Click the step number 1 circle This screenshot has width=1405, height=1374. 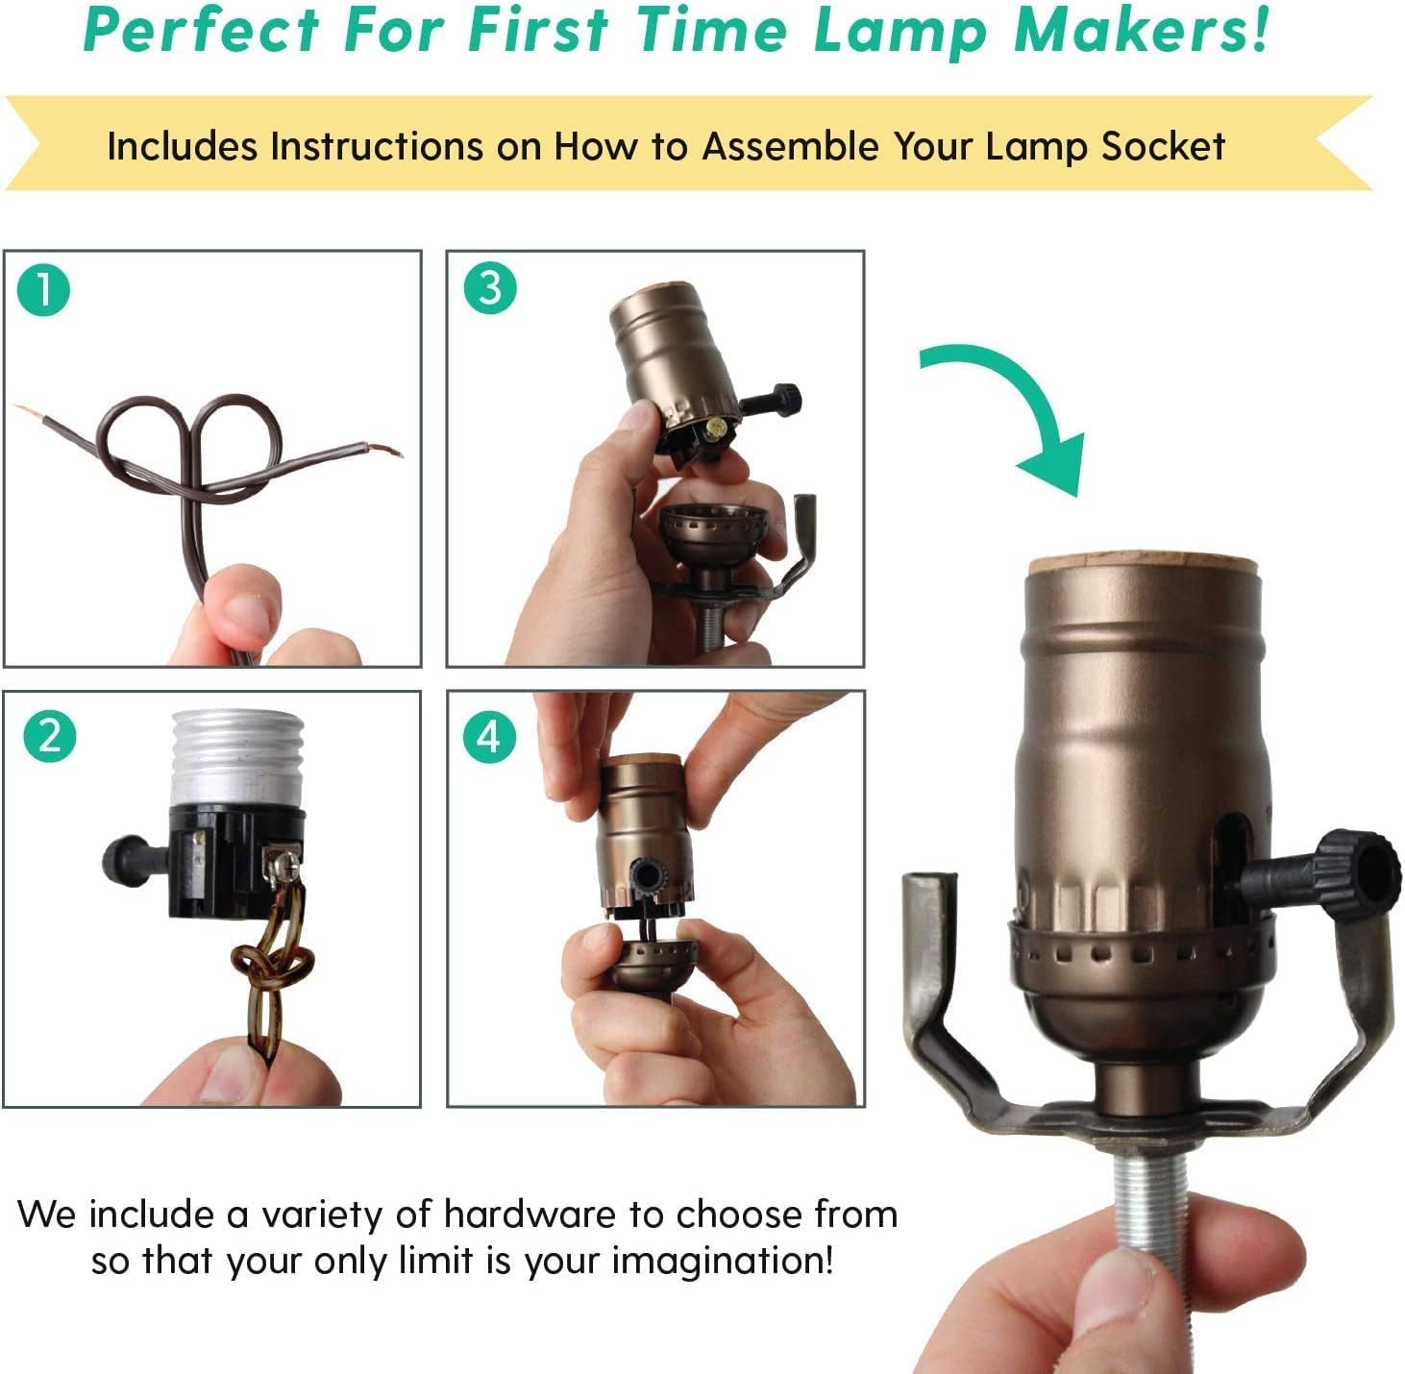coord(44,290)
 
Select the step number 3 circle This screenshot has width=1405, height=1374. coord(490,288)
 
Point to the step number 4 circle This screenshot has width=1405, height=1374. coord(490,737)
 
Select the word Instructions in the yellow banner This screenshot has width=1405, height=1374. coord(376,147)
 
